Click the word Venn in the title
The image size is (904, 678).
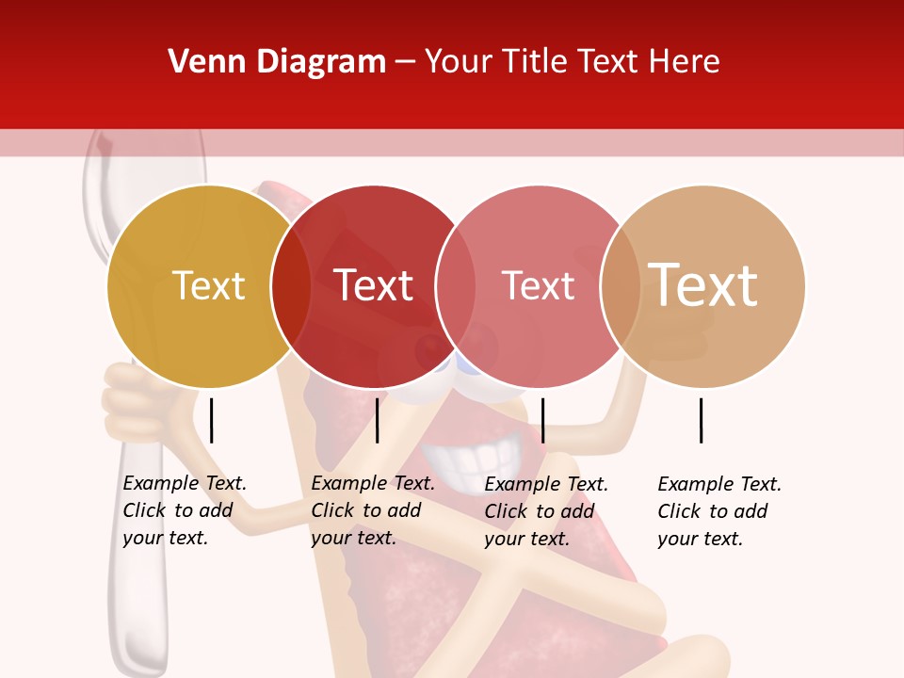point(204,62)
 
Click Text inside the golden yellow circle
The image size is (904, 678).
point(209,286)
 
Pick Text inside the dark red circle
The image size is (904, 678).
point(374,286)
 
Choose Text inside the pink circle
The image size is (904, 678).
point(539,286)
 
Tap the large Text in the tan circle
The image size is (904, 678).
point(703,285)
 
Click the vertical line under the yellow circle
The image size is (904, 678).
point(212,420)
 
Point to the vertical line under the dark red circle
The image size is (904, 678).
point(377,420)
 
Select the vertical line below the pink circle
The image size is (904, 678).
point(542,420)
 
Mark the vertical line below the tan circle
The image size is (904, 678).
point(702,420)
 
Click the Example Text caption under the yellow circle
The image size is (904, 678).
point(185,510)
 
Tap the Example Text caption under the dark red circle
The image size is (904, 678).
point(373,510)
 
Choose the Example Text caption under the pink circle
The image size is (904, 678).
point(546,511)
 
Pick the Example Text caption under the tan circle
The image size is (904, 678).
point(719,511)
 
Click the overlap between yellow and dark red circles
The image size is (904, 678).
point(291,286)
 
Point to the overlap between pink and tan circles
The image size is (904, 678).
point(621,286)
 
